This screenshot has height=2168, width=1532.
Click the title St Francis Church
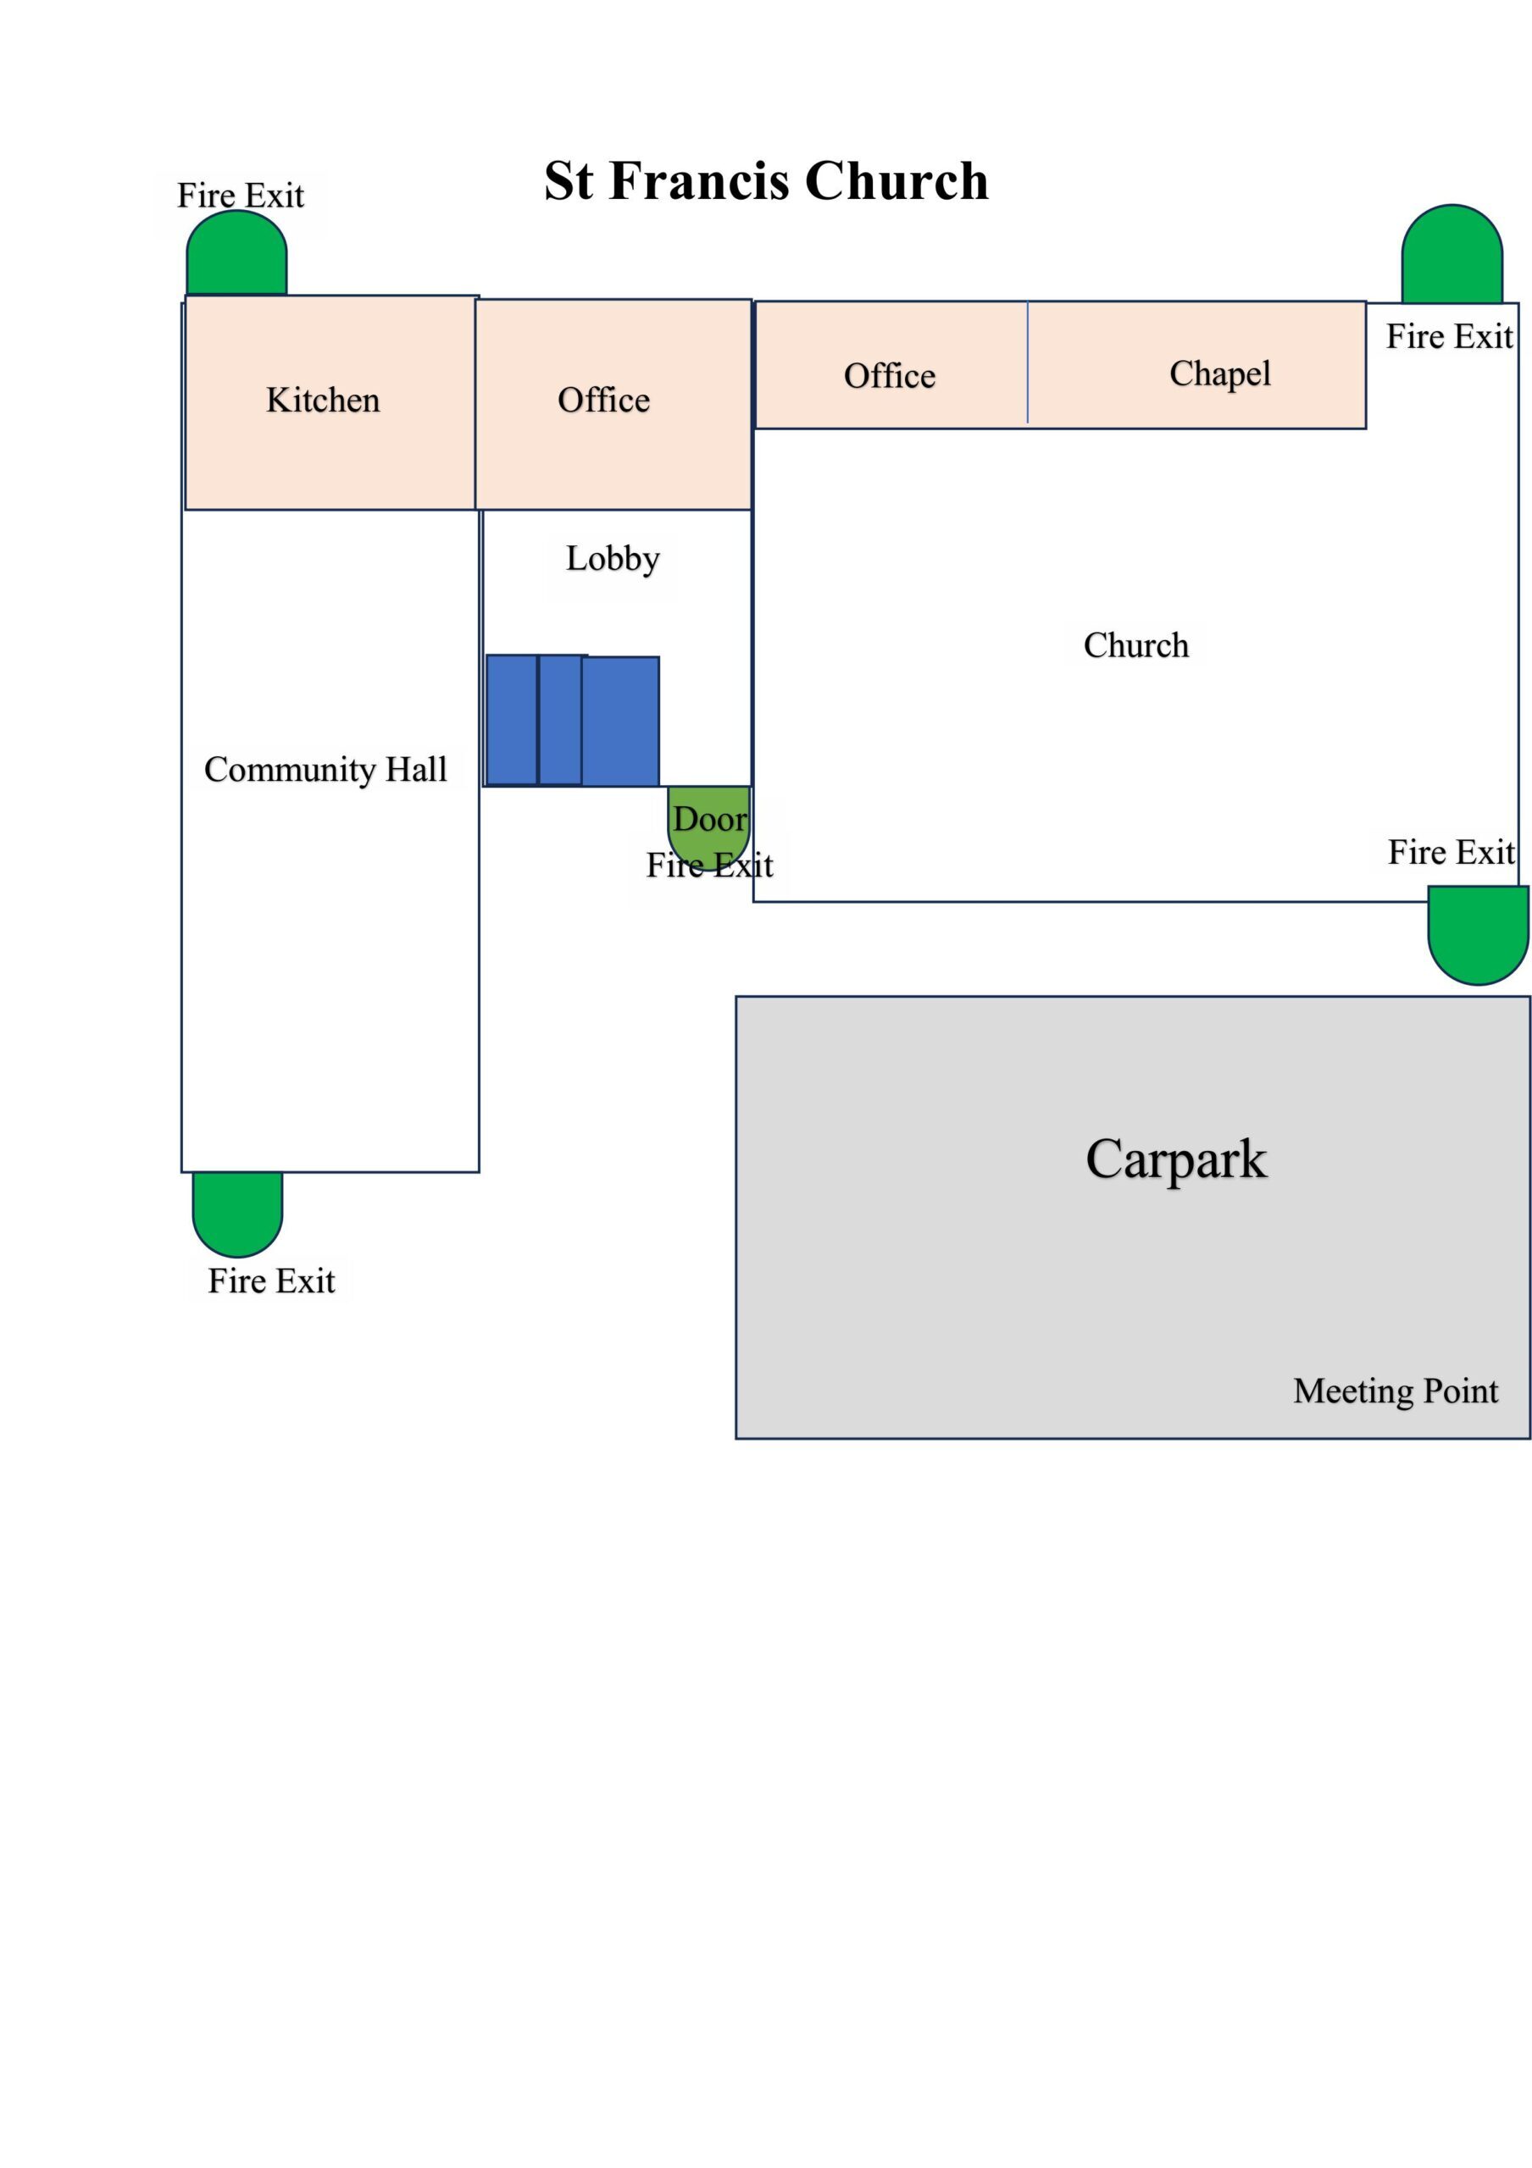click(x=766, y=180)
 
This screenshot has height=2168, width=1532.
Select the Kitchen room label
click(x=323, y=400)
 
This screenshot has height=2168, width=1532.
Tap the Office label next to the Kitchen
click(x=603, y=400)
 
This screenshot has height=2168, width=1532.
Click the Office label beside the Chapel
click(x=890, y=376)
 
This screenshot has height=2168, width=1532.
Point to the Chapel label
click(x=1219, y=374)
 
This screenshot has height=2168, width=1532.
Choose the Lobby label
click(x=612, y=559)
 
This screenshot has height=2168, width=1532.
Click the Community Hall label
click(x=326, y=770)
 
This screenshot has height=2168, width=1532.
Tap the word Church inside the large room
click(x=1135, y=645)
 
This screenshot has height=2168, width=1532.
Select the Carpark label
click(x=1176, y=1159)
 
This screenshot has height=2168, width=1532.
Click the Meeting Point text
click(x=1395, y=1391)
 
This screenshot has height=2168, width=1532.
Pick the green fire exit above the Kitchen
click(x=236, y=252)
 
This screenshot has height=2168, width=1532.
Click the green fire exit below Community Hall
click(x=237, y=1214)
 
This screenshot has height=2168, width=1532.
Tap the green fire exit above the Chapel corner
click(x=1452, y=254)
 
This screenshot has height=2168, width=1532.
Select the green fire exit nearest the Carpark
click(x=1478, y=935)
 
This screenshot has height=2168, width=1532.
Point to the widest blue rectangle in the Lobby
click(x=620, y=722)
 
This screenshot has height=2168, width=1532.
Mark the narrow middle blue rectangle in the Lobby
click(x=560, y=721)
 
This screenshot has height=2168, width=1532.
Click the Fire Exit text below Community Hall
click(x=271, y=1281)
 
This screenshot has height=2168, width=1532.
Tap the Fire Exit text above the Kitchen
click(x=241, y=196)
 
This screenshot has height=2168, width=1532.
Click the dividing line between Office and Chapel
click(x=1028, y=363)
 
